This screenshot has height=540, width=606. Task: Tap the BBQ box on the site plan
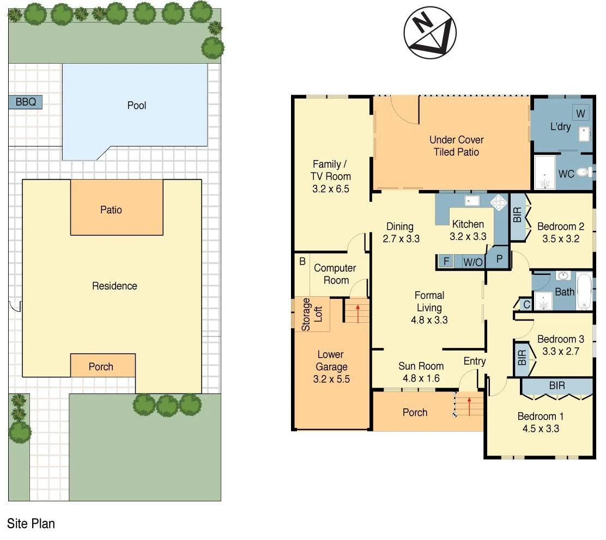[25, 102]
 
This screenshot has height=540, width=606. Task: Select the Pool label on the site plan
[137, 105]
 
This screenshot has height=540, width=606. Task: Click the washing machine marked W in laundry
[580, 114]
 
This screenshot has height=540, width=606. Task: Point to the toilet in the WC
[583, 173]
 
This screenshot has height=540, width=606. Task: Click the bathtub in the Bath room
[584, 291]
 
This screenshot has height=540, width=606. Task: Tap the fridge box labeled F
[446, 262]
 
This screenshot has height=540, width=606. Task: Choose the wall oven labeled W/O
[472, 262]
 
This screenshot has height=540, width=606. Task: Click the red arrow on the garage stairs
[357, 313]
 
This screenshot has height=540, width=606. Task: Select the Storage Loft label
[312, 314]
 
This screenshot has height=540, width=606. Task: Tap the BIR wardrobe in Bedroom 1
[556, 386]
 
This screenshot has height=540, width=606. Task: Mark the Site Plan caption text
[31, 524]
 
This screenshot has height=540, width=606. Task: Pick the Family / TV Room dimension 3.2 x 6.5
[331, 189]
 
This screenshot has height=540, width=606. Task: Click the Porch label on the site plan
[101, 366]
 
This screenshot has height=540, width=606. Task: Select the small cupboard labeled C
[526, 305]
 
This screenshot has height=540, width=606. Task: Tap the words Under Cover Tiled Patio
[456, 146]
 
